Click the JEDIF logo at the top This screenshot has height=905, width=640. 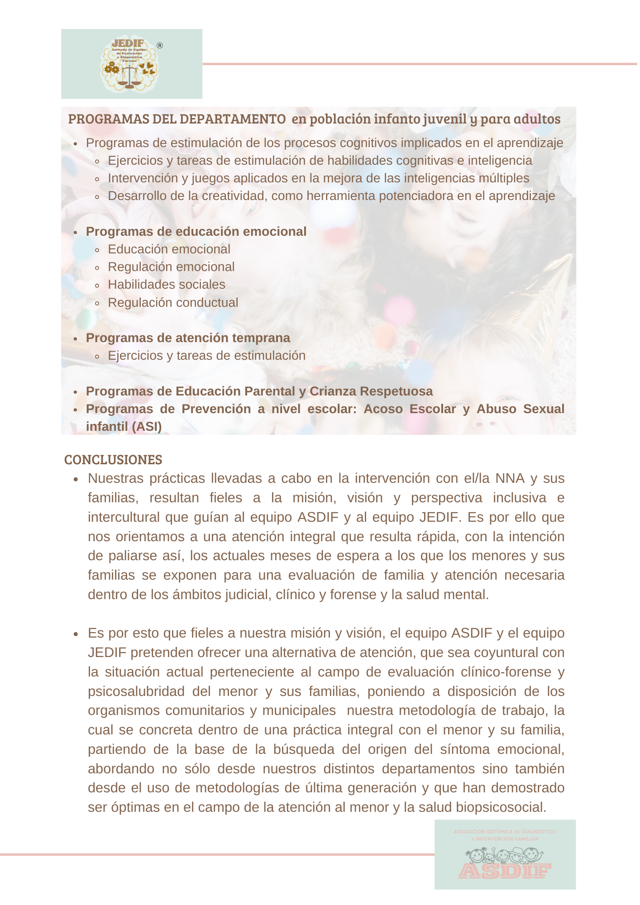[x=129, y=64]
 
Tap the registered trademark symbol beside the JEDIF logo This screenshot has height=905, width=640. [x=159, y=46]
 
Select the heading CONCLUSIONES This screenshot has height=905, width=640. [x=113, y=460]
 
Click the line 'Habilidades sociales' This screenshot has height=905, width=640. [x=166, y=285]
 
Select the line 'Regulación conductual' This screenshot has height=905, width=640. [x=173, y=303]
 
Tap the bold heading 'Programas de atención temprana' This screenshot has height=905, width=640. [x=188, y=338]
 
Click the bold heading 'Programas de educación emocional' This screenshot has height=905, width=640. [x=196, y=232]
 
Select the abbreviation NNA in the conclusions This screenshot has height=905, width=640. [x=510, y=478]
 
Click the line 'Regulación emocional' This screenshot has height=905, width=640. [x=171, y=267]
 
